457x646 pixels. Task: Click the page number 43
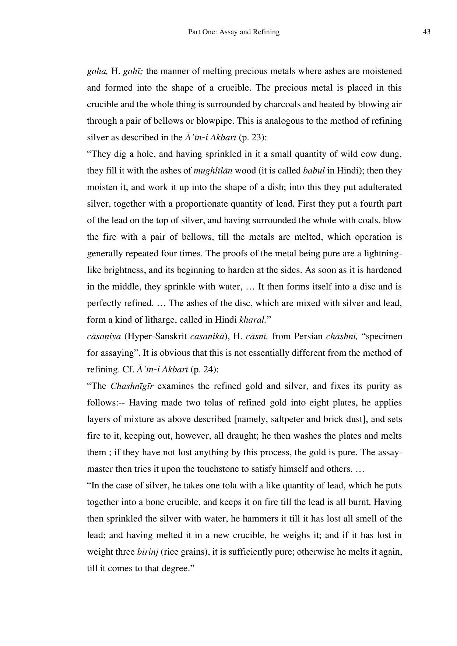(x=426, y=32)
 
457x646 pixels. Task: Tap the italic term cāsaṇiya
(x=104, y=337)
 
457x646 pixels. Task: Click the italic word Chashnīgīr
(x=132, y=386)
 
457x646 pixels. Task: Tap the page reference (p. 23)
(x=253, y=138)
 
